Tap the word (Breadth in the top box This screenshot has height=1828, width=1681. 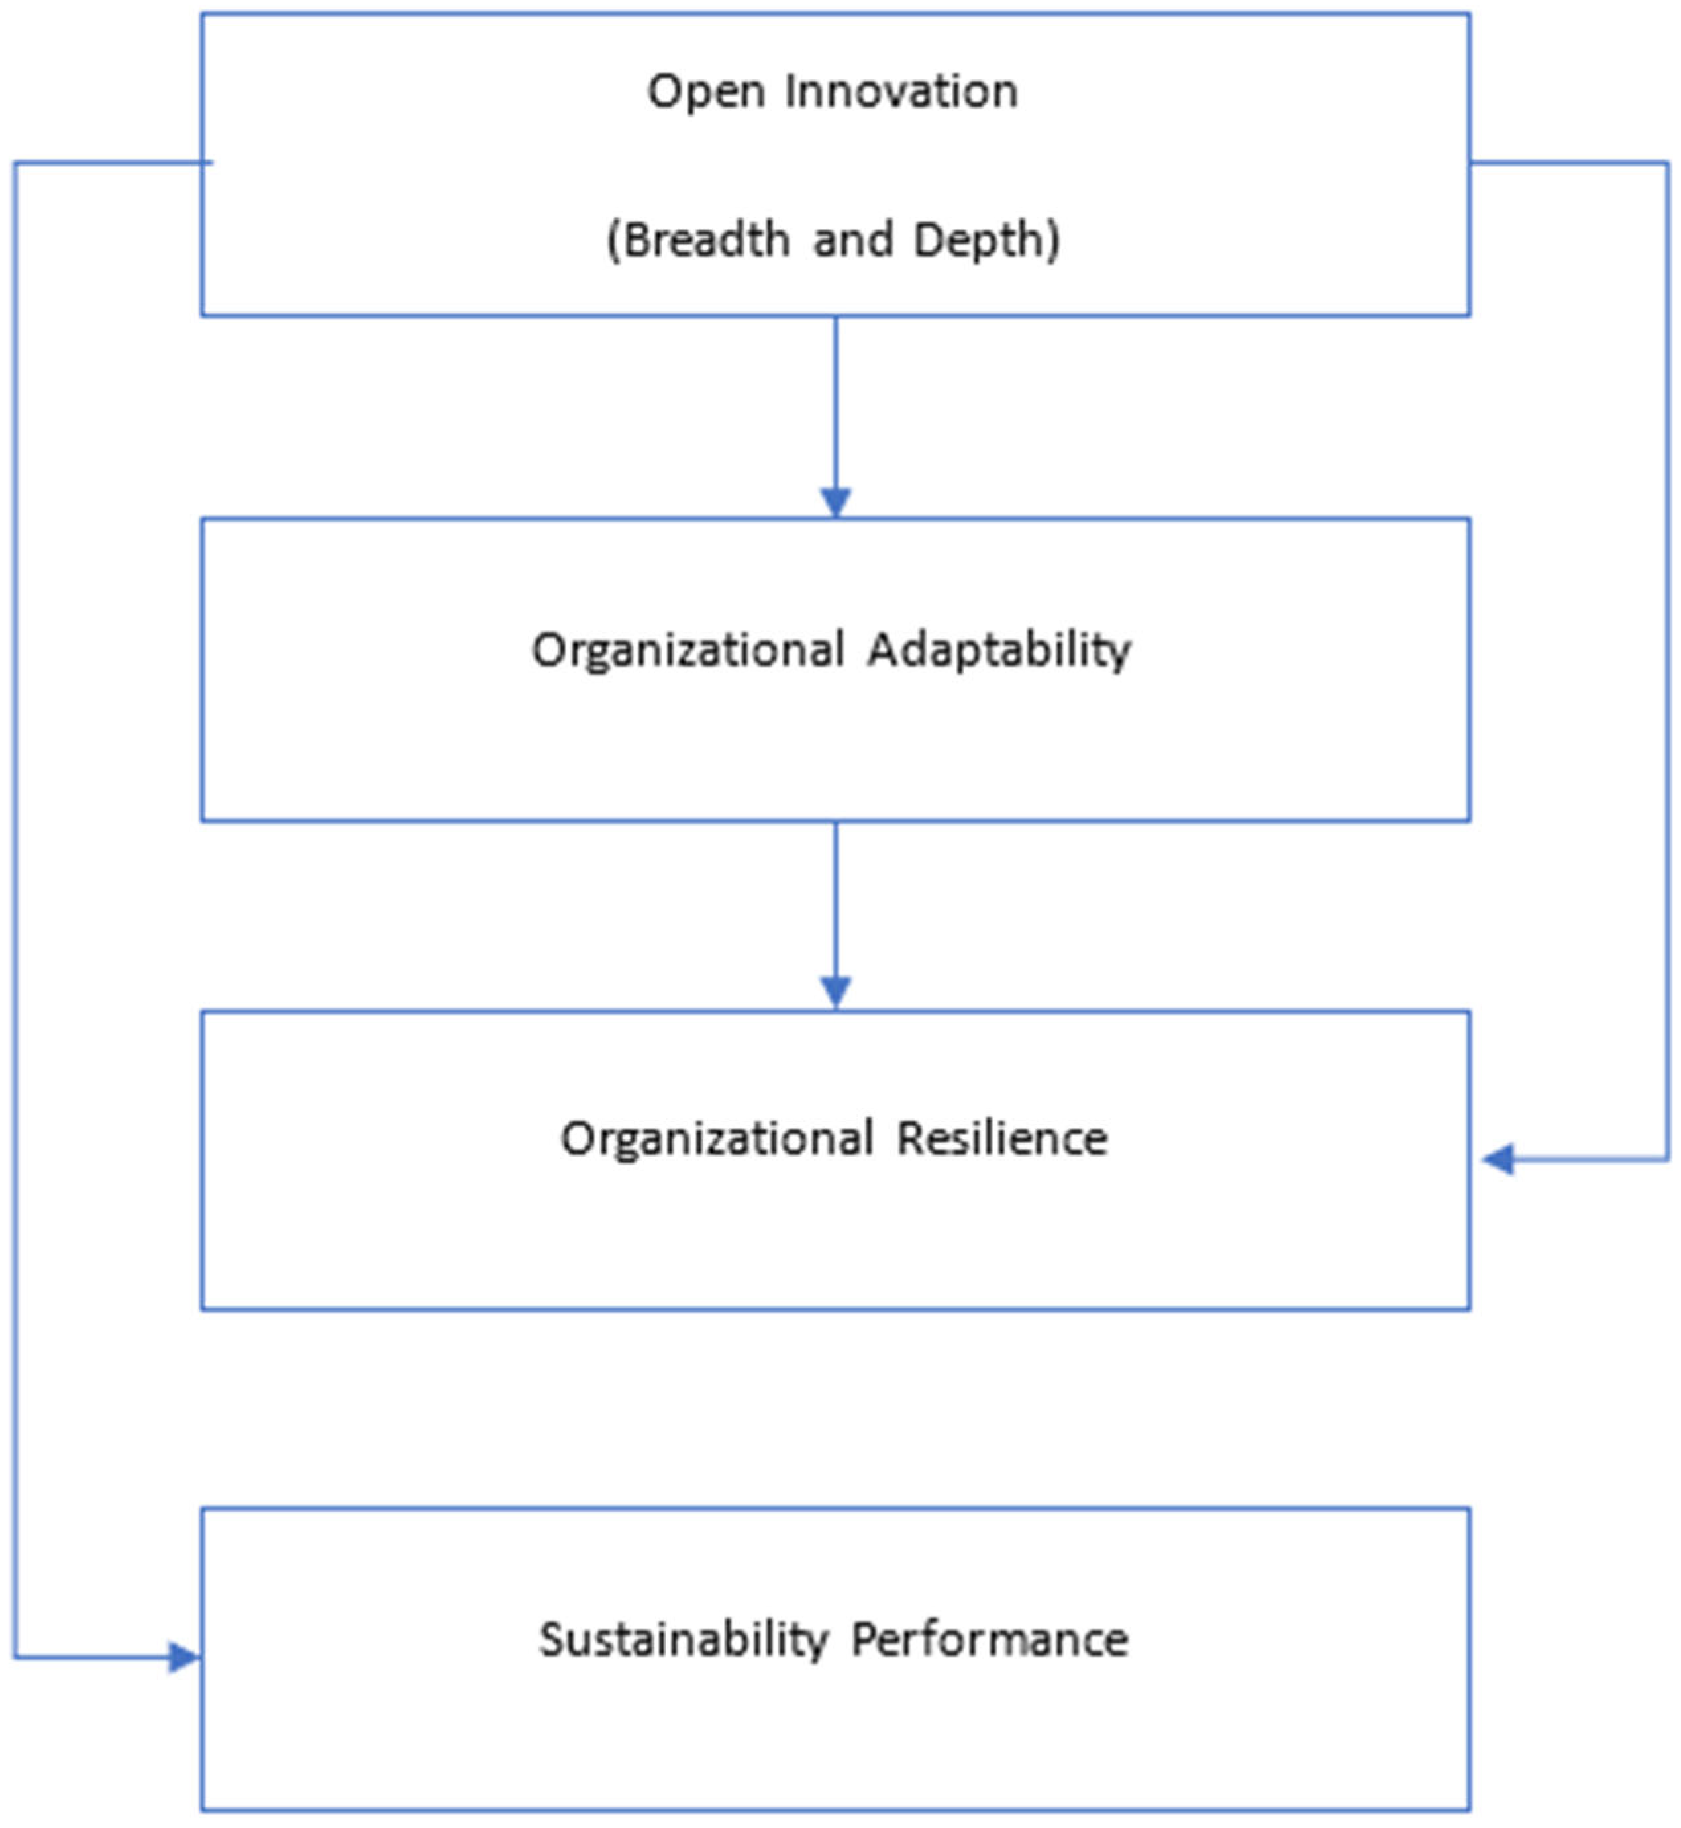[697, 240]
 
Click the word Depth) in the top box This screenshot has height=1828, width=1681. [987, 240]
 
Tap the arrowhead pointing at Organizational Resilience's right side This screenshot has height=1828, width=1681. [1498, 1159]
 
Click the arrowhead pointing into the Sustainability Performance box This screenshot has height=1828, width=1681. [183, 1658]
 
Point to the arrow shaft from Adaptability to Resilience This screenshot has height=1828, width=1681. [836, 900]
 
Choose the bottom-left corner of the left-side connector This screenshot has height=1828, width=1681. [15, 1657]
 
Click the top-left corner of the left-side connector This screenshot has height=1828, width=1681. [15, 164]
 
